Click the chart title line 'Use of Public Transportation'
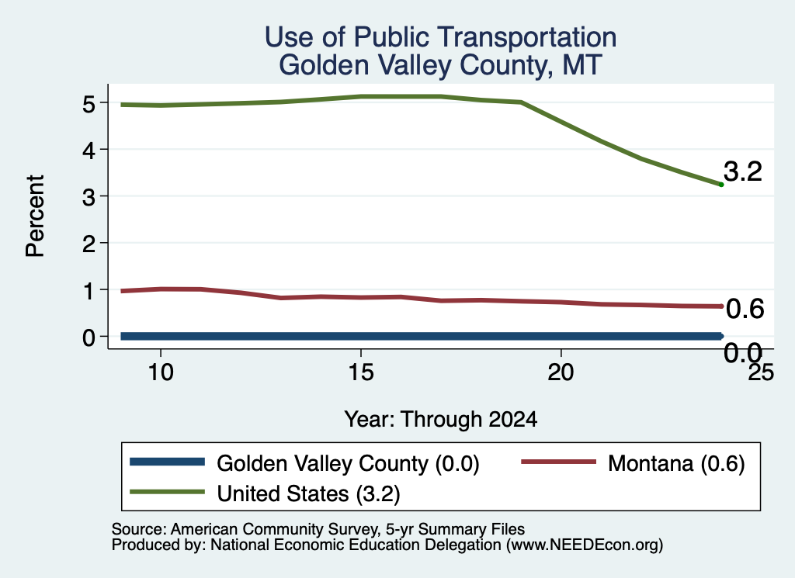click(x=441, y=37)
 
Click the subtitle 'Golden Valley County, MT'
click(x=441, y=65)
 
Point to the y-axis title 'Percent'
click(x=36, y=216)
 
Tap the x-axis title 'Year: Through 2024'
click(x=441, y=420)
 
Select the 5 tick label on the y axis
click(x=89, y=104)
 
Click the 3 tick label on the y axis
click(x=89, y=196)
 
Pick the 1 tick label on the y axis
click(x=89, y=290)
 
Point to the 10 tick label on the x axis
click(x=161, y=373)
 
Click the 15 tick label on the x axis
click(x=361, y=373)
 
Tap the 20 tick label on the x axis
click(x=561, y=373)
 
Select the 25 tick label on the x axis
click(x=761, y=373)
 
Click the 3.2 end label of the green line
click(x=743, y=171)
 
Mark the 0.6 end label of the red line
click(x=745, y=309)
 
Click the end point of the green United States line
click(x=721, y=185)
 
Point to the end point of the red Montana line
click(x=721, y=306)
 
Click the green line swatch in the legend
click(x=168, y=492)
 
